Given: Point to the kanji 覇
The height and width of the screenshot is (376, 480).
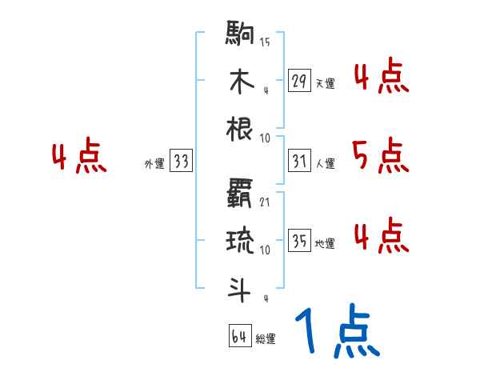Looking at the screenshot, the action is click(x=241, y=195).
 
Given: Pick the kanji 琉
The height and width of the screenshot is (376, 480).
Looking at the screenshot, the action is click(x=241, y=241).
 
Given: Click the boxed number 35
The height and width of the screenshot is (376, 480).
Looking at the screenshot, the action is click(x=300, y=241).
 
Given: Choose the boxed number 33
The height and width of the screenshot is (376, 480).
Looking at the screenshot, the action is click(x=181, y=162).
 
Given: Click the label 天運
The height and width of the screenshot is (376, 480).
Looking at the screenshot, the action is click(x=326, y=83).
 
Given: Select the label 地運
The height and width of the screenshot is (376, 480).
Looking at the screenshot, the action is click(x=326, y=243).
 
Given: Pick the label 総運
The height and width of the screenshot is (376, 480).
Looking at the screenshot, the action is click(x=266, y=339).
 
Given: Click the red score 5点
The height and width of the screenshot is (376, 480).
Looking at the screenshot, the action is click(x=379, y=155).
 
